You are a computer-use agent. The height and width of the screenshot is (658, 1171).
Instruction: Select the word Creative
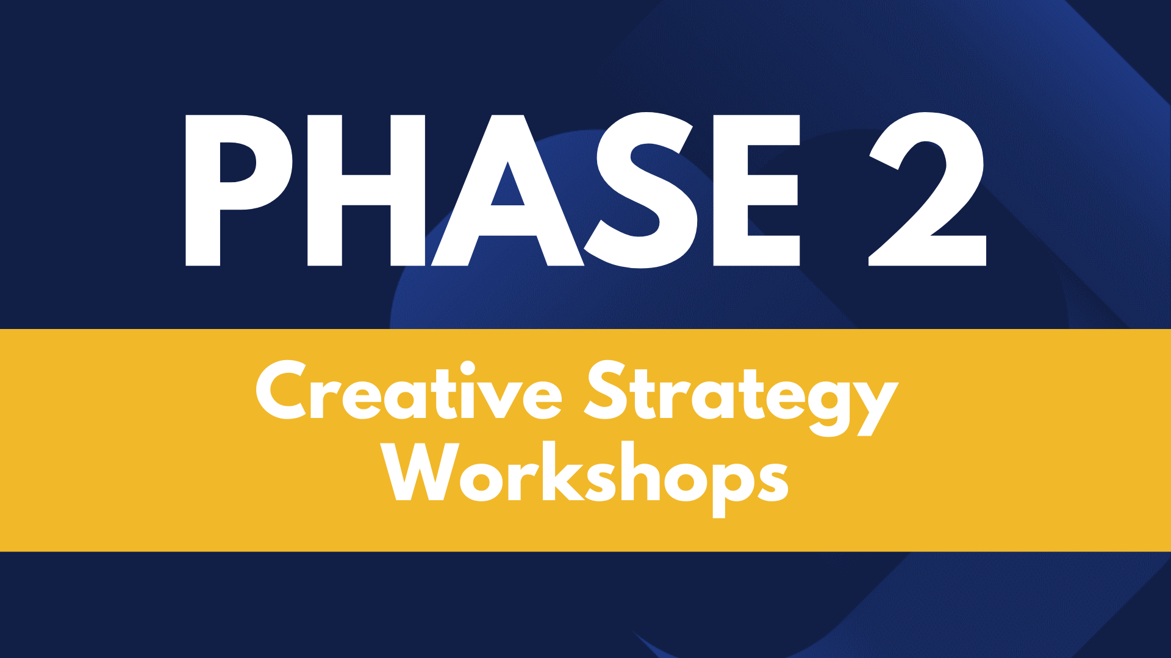click(x=409, y=390)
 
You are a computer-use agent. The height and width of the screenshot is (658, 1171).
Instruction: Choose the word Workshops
click(x=585, y=478)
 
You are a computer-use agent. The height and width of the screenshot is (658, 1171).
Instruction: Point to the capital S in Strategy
click(x=607, y=390)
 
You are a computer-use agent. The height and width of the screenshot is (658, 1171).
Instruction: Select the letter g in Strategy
click(x=829, y=405)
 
